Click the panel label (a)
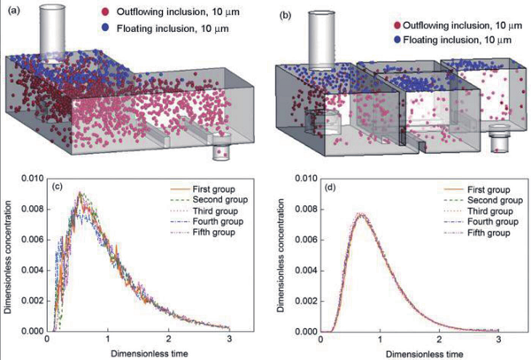[x=13, y=11]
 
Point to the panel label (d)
[x=332, y=185]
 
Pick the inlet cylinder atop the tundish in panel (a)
[x=59, y=34]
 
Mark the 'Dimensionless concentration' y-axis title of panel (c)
[x=9, y=257]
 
